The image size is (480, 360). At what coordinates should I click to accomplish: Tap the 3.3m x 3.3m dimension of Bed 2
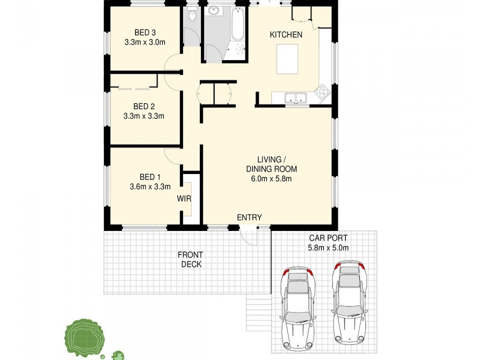click(x=144, y=116)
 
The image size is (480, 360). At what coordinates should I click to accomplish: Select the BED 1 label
click(x=150, y=176)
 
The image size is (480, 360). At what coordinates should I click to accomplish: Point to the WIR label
click(x=184, y=198)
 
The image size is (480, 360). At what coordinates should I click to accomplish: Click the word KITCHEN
click(x=286, y=35)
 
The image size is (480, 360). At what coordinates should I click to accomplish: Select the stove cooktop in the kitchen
click(x=322, y=93)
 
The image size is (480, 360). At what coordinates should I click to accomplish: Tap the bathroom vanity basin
click(x=214, y=10)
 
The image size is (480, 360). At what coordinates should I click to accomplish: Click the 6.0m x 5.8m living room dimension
click(x=271, y=178)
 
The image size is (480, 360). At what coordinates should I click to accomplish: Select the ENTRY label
click(x=249, y=217)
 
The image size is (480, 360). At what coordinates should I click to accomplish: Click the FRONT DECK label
click(x=191, y=259)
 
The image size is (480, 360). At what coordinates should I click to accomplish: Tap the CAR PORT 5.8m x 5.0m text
click(x=328, y=242)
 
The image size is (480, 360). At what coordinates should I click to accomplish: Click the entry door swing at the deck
click(x=247, y=237)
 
